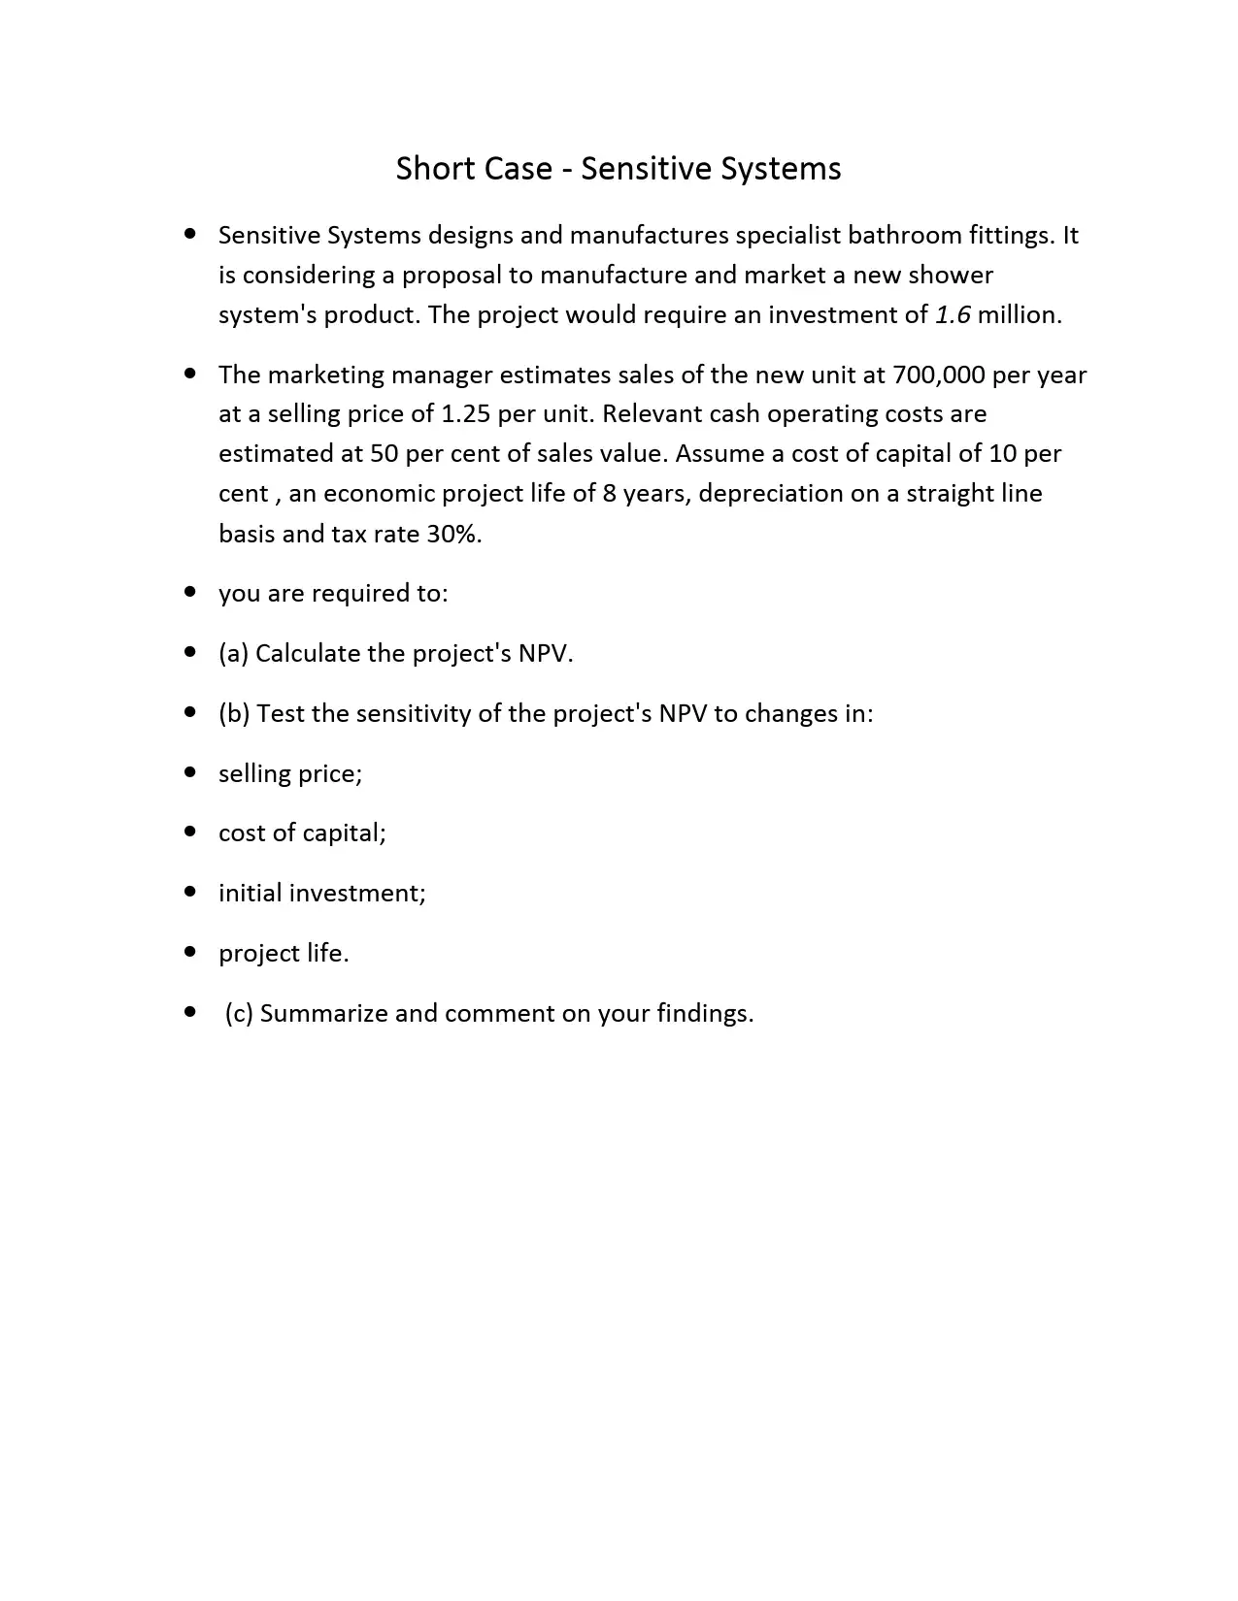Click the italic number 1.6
[953, 315]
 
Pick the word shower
[952, 276]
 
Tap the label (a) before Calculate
[233, 654]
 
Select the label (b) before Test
[234, 714]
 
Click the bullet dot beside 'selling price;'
[190, 773]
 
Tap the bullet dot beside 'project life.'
[190, 953]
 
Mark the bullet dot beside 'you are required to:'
[190, 593]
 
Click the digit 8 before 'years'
[609, 494]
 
